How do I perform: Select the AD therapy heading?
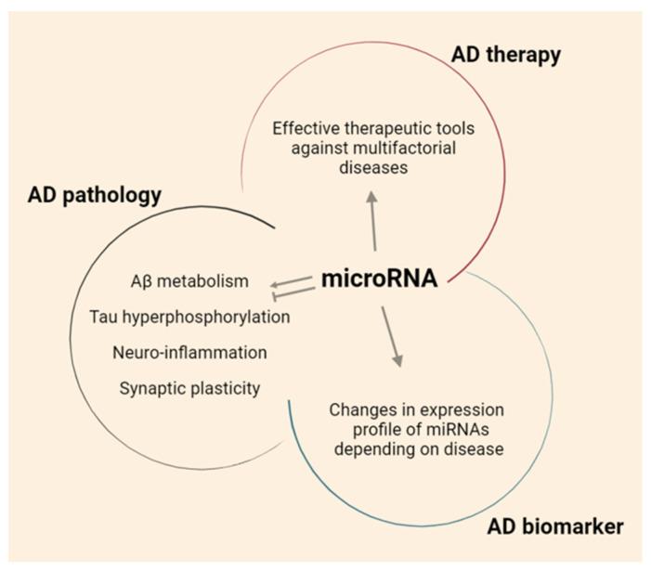click(x=505, y=55)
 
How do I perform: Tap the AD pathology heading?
click(x=94, y=195)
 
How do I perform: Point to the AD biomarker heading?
click(x=555, y=527)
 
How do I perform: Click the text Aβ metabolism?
click(x=190, y=280)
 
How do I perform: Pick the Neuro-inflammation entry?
click(x=189, y=353)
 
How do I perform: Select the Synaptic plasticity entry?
click(x=189, y=388)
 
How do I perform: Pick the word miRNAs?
click(x=436, y=430)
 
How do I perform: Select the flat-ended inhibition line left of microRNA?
click(x=291, y=292)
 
